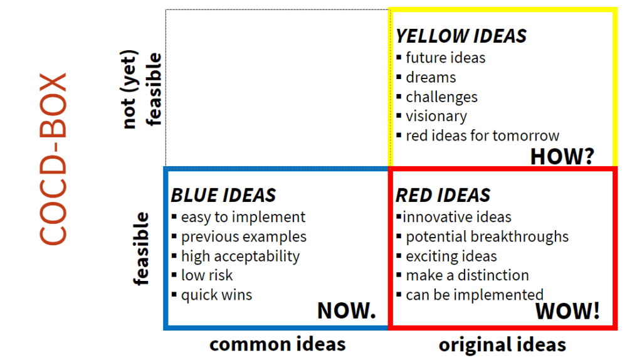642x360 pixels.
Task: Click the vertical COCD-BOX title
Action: click(53, 159)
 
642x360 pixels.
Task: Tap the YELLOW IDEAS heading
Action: click(461, 36)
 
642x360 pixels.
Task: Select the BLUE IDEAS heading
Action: click(224, 195)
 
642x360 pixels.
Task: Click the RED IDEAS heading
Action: click(443, 195)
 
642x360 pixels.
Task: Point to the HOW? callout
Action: click(562, 156)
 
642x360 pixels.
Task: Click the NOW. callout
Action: click(346, 310)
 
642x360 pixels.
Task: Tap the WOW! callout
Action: click(567, 311)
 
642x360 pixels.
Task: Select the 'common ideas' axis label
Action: click(278, 344)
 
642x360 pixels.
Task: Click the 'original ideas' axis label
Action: click(502, 344)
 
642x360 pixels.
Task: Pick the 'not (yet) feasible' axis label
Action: click(142, 89)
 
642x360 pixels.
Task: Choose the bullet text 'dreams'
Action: click(431, 77)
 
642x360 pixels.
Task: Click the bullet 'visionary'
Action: click(436, 116)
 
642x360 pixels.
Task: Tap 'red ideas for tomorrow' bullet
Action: click(482, 135)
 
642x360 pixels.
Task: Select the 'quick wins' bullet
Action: click(216, 295)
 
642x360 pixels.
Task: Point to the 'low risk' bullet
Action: click(207, 275)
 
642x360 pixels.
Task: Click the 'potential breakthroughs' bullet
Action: click(487, 236)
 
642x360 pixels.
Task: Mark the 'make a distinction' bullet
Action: click(467, 275)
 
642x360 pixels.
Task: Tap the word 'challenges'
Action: click(441, 97)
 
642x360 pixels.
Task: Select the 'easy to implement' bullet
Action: click(243, 217)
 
